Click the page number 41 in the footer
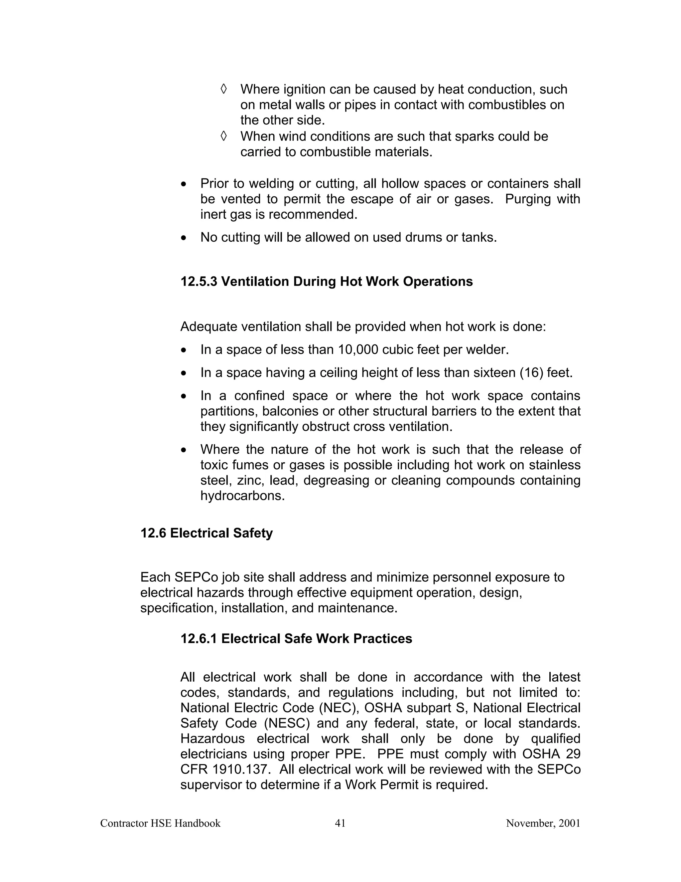point(340,823)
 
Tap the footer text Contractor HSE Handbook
point(160,823)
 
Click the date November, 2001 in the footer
point(543,823)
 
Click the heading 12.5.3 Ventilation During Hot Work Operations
point(327,282)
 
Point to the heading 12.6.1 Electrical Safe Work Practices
point(296,638)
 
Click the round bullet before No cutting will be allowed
point(184,238)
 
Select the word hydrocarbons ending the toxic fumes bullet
point(242,496)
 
